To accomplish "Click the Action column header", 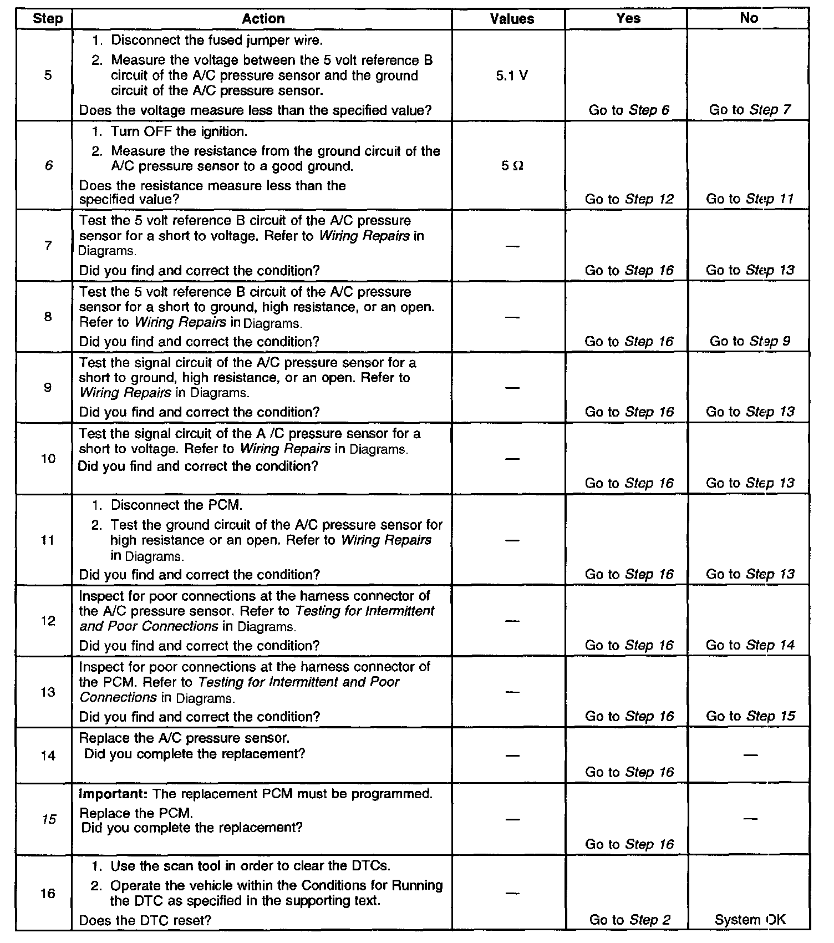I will [263, 19].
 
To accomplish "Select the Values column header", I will [512, 19].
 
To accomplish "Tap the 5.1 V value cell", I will [512, 75].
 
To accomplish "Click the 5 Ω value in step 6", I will [512, 166].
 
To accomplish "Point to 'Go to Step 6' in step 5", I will [629, 110].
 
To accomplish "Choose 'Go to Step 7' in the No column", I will [750, 110].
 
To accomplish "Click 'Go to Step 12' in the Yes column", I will [629, 199].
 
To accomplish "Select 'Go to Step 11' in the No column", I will [750, 199].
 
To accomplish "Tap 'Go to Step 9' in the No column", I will [750, 341].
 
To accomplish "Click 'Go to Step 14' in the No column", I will [750, 645].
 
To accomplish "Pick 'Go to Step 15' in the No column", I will [750, 716].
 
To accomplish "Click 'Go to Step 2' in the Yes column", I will [629, 920].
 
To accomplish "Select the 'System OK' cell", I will [750, 920].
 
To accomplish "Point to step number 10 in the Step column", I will [48, 459].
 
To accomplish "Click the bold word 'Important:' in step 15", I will [113, 794].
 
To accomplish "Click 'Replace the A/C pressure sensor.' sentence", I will [184, 738].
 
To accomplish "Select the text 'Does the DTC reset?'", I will [145, 921].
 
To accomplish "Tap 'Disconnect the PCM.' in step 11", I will [176, 505].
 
